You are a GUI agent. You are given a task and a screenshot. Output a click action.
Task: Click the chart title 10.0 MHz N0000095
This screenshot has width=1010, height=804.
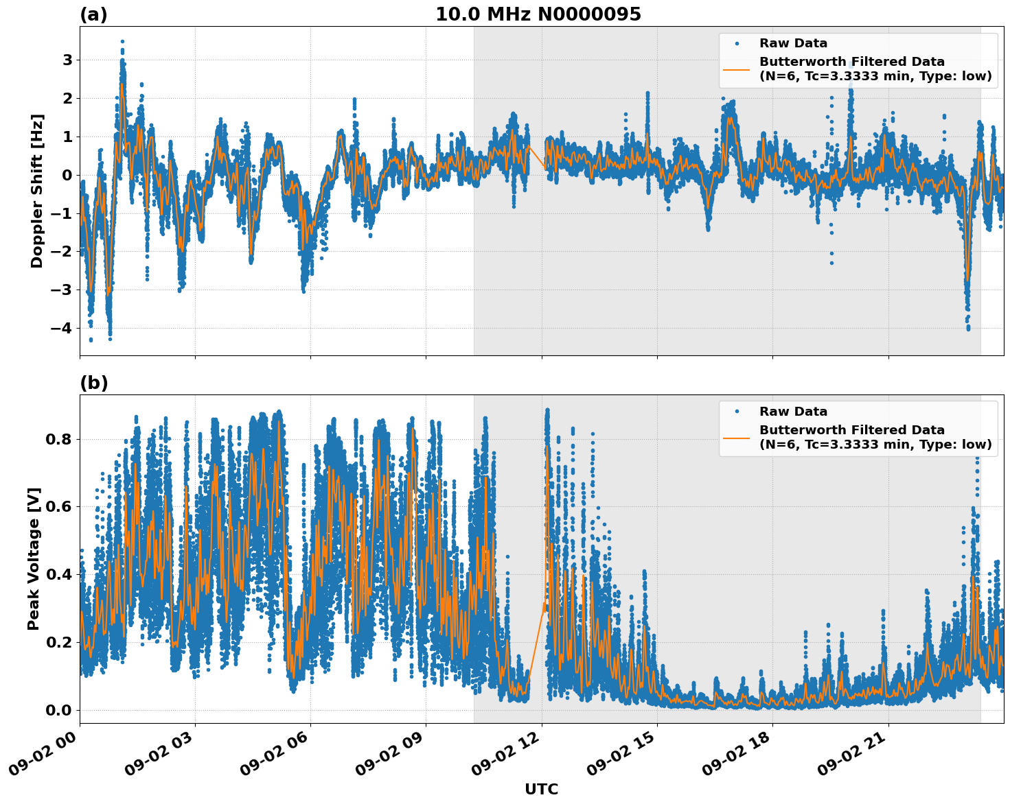(538, 14)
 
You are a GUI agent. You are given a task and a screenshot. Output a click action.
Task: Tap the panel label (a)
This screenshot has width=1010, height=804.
(93, 14)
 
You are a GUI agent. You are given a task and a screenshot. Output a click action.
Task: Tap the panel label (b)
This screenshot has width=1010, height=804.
(93, 383)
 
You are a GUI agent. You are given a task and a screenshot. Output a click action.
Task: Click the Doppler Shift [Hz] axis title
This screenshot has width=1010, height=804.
(37, 191)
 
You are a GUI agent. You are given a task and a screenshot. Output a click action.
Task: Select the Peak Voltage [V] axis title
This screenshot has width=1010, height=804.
(34, 558)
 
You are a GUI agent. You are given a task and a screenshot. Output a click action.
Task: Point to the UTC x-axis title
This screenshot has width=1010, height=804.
(541, 789)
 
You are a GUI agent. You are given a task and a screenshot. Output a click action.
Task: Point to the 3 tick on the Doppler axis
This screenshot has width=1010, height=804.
(67, 60)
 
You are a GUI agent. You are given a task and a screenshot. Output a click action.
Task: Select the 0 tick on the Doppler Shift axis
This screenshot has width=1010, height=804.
(67, 175)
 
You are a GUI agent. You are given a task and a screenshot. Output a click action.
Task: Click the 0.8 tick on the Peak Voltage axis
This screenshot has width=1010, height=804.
(58, 439)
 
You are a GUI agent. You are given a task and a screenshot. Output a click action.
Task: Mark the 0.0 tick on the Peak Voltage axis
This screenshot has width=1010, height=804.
(58, 710)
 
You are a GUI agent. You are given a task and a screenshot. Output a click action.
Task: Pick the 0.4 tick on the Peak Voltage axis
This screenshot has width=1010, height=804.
(58, 574)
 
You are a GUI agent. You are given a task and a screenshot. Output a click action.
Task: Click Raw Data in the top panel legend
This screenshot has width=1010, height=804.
(793, 44)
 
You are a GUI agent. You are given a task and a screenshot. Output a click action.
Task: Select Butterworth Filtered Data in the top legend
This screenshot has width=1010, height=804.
(851, 62)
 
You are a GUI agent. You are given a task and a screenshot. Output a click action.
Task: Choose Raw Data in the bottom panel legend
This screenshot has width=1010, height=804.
(793, 412)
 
